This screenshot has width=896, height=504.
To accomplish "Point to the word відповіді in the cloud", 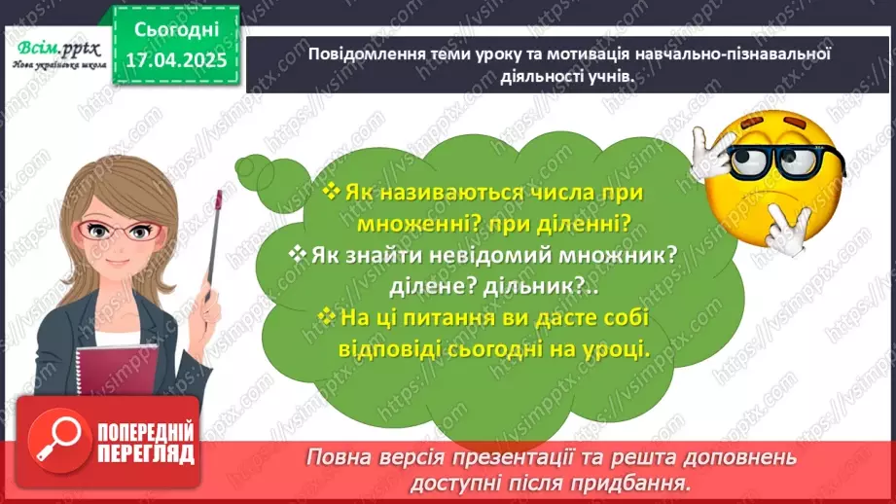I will [x=385, y=348].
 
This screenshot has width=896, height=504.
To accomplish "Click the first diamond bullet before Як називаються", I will [x=331, y=192].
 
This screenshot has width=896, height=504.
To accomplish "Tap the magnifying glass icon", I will [x=54, y=438].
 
